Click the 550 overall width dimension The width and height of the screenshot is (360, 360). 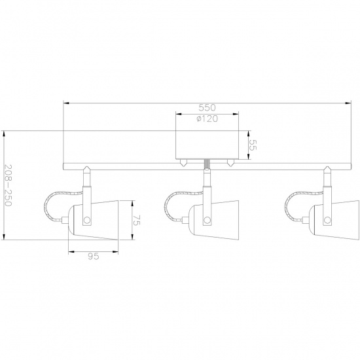tap(207, 107)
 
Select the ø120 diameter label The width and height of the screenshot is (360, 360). tap(207, 118)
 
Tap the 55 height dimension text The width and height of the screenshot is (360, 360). tap(252, 145)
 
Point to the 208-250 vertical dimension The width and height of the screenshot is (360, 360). tap(8, 185)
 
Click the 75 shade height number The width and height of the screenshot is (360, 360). tap(136, 220)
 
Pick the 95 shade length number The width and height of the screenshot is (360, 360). tap(94, 256)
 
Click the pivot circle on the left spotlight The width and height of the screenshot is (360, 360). tap(87, 220)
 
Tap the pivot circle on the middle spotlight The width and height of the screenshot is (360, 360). tap(207, 220)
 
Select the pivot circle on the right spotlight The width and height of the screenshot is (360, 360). tap(327, 220)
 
